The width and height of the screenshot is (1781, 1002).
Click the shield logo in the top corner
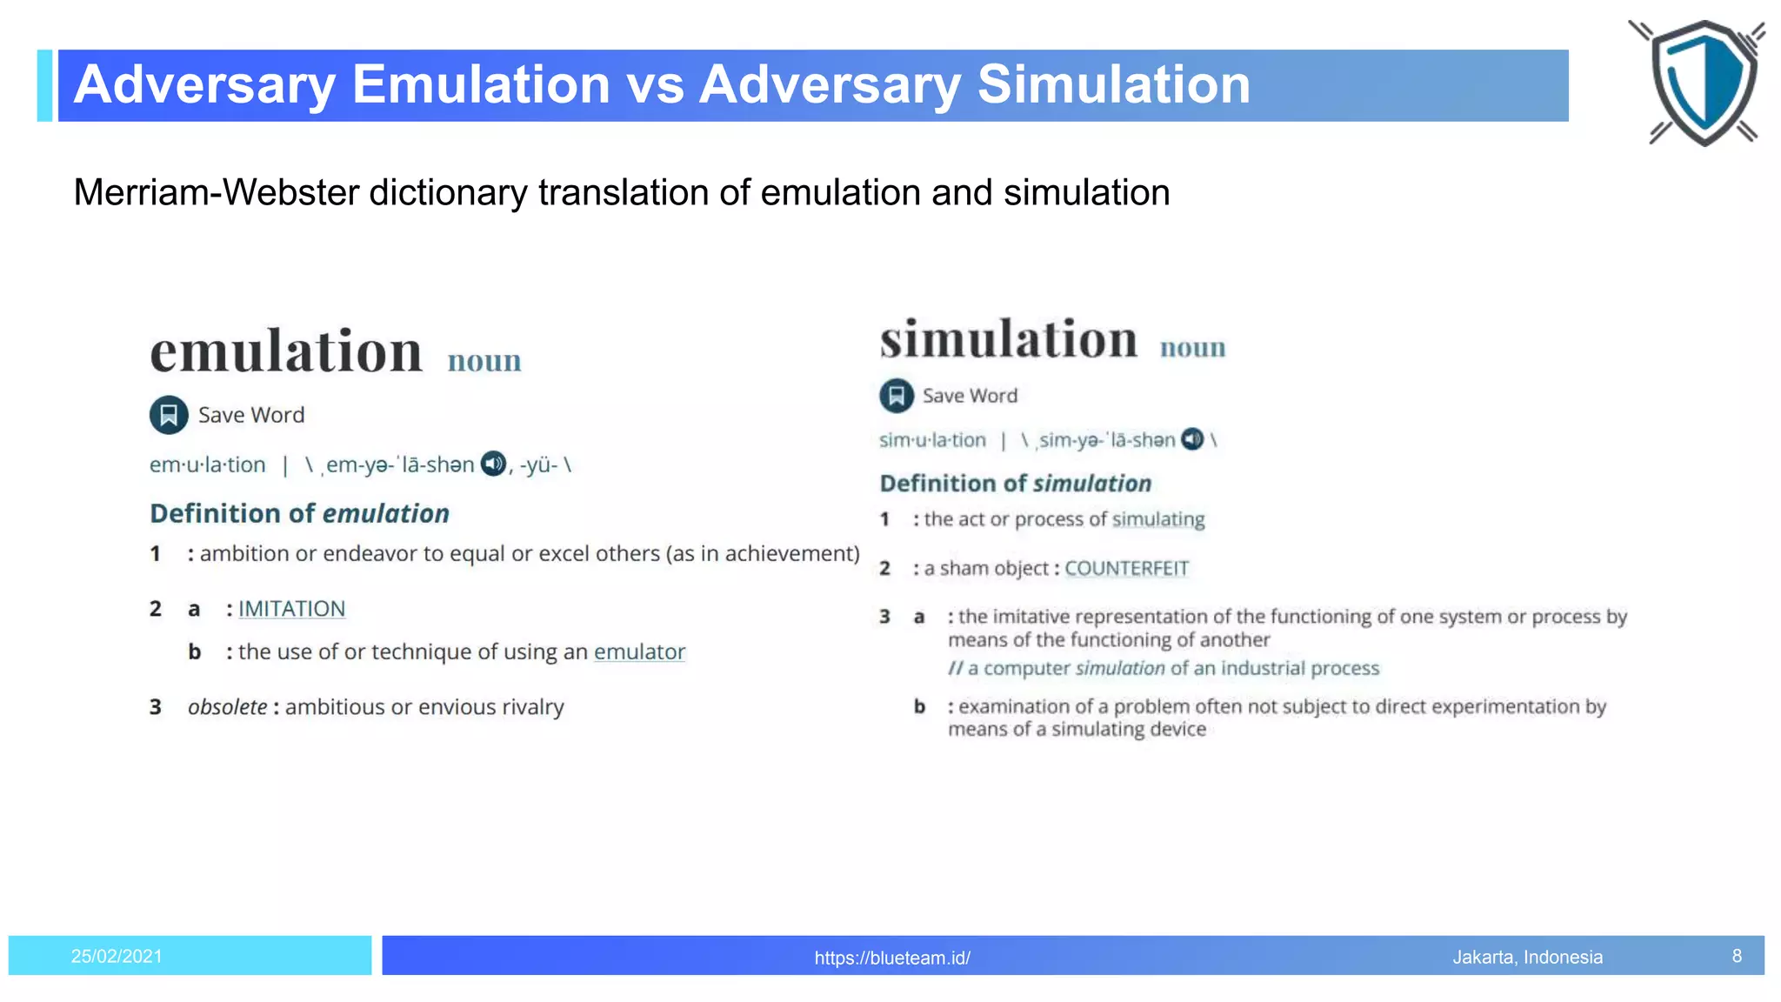click(1702, 83)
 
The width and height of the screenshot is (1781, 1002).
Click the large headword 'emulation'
click(286, 351)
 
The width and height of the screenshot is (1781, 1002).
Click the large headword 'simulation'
click(1009, 339)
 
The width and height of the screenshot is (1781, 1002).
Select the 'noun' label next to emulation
click(484, 361)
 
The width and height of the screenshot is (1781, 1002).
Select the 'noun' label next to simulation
click(1192, 348)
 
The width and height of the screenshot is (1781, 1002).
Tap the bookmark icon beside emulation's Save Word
click(169, 415)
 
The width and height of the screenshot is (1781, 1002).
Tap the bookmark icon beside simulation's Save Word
click(897, 396)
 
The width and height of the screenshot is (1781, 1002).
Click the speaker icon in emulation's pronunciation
click(493, 464)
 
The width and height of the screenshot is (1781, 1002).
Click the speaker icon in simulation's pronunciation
click(1192, 439)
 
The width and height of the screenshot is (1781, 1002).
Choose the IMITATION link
click(291, 609)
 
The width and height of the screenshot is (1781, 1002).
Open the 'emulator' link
click(639, 651)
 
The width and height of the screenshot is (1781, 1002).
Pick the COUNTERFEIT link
click(1126, 568)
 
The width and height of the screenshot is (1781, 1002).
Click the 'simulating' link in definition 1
click(1158, 519)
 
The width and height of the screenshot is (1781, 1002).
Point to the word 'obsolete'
click(228, 707)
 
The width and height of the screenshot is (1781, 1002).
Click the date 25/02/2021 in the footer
click(117, 957)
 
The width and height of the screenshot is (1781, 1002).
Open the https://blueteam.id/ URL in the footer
click(892, 958)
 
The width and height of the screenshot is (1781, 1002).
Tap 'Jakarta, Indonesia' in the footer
click(1527, 957)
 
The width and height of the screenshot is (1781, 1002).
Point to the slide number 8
click(1737, 956)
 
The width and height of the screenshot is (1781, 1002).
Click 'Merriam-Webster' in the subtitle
click(216, 192)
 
